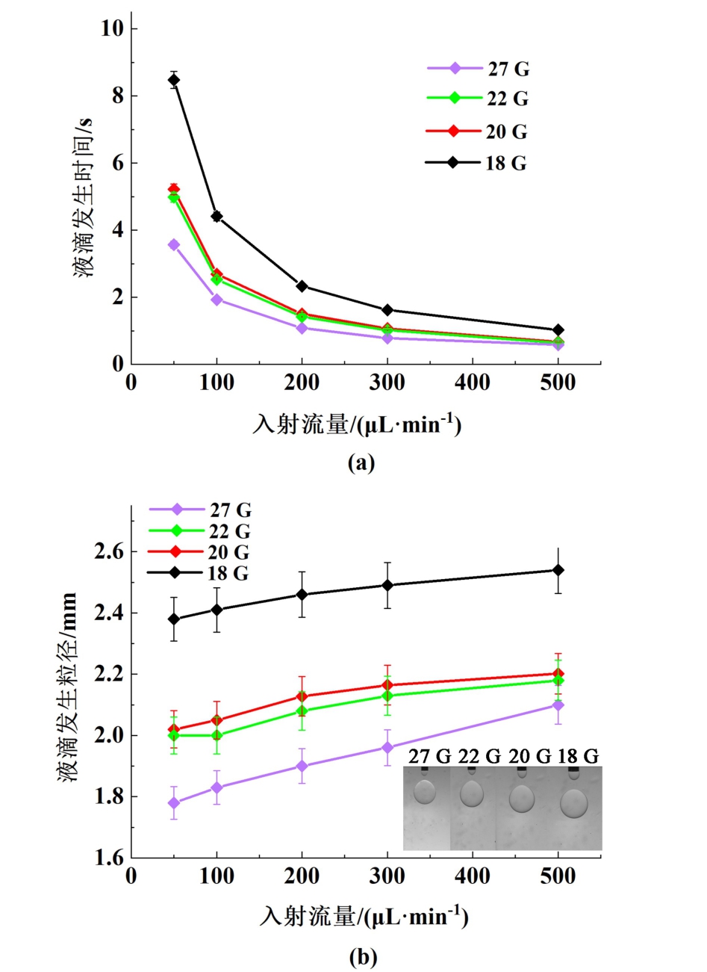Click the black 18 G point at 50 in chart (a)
(x=174, y=80)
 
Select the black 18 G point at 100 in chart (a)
(x=217, y=217)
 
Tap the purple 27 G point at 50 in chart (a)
(x=174, y=244)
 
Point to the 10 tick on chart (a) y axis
(x=113, y=28)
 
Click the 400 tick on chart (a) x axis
(x=473, y=383)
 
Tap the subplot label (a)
(x=362, y=462)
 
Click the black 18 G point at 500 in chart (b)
(x=558, y=570)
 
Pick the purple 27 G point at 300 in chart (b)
(x=387, y=747)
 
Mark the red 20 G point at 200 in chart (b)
(x=302, y=696)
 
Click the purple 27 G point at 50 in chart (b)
(x=174, y=803)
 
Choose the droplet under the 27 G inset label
(x=426, y=791)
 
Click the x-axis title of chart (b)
(x=364, y=916)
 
